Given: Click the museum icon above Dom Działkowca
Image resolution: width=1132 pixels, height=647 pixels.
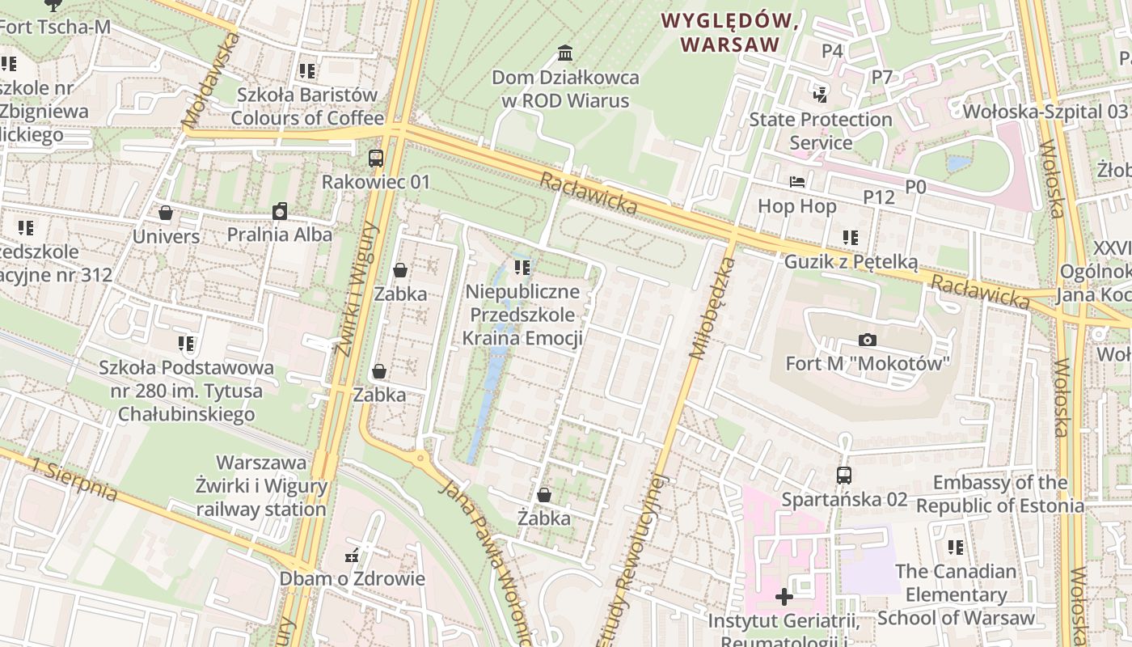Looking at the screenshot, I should tap(565, 53).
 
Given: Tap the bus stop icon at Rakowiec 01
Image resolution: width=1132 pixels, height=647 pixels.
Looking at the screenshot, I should tap(376, 158).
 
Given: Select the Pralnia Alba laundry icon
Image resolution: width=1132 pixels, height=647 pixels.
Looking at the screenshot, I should tap(280, 211).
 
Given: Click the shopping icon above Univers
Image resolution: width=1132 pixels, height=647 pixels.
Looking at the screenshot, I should tap(166, 213).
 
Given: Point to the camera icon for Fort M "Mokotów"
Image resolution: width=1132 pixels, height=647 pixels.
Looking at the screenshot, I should tap(868, 340).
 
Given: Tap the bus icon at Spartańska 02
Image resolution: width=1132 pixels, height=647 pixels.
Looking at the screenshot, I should tap(844, 475).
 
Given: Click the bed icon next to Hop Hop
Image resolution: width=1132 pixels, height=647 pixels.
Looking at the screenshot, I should tap(797, 182).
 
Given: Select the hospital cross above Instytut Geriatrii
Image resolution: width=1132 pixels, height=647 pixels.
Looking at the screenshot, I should tap(784, 597).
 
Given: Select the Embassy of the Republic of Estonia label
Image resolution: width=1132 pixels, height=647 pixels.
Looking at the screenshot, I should tap(999, 494).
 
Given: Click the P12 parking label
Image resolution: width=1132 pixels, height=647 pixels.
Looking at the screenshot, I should tap(879, 197).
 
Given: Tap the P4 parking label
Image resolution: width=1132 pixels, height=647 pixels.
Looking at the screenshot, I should tap(832, 51).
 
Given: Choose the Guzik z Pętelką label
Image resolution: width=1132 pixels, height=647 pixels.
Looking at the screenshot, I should tap(851, 262).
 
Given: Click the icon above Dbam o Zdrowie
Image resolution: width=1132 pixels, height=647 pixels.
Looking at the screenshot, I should tap(352, 556).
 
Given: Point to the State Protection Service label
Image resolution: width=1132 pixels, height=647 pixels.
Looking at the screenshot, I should tap(821, 131).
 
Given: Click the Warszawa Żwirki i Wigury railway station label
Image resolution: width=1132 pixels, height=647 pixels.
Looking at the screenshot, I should tap(261, 486).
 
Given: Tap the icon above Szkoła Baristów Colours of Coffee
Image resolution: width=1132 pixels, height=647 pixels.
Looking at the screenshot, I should tap(306, 71).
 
